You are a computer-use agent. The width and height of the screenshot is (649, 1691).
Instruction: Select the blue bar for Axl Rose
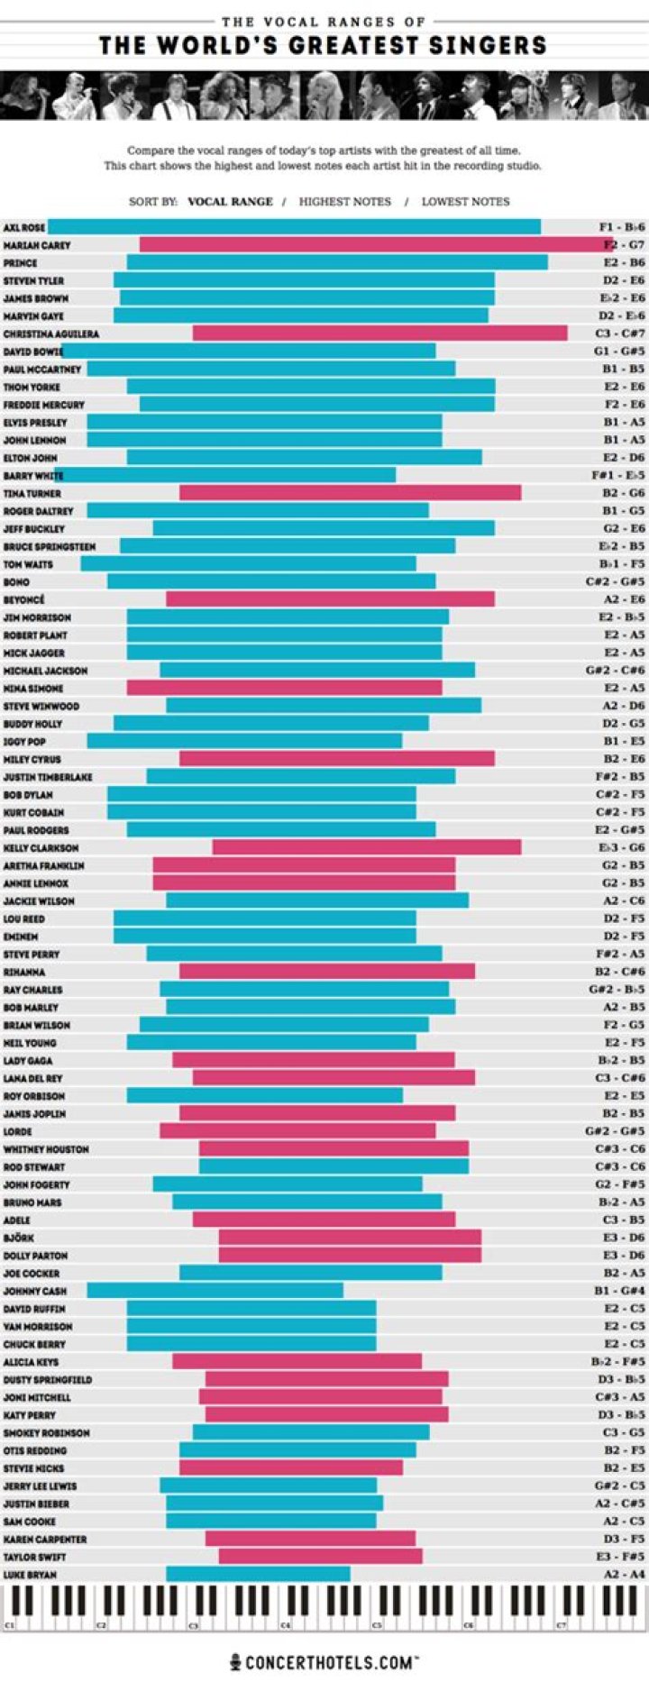(294, 227)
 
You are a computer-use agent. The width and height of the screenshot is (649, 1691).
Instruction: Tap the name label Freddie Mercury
(43, 405)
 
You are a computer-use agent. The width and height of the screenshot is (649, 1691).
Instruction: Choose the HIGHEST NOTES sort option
(344, 202)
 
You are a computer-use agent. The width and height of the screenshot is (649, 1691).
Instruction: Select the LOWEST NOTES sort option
(465, 202)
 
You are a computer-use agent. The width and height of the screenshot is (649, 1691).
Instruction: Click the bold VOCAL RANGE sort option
(230, 202)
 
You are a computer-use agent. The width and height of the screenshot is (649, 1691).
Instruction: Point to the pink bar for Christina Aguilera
(379, 334)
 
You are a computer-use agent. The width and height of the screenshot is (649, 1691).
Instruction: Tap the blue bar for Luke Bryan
(258, 1574)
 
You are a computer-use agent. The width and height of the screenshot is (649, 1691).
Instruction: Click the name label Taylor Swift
(34, 1557)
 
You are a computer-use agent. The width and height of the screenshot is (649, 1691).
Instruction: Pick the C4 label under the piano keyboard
(285, 1625)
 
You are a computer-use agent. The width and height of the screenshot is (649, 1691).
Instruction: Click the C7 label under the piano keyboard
(561, 1625)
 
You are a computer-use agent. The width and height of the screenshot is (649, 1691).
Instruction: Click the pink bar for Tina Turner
(350, 493)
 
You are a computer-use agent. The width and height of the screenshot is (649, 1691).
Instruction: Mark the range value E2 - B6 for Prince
(624, 263)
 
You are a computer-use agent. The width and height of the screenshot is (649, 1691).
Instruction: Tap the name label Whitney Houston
(46, 1149)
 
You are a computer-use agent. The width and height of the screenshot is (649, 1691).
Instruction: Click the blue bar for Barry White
(225, 475)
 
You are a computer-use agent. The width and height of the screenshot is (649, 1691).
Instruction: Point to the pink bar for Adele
(324, 1220)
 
